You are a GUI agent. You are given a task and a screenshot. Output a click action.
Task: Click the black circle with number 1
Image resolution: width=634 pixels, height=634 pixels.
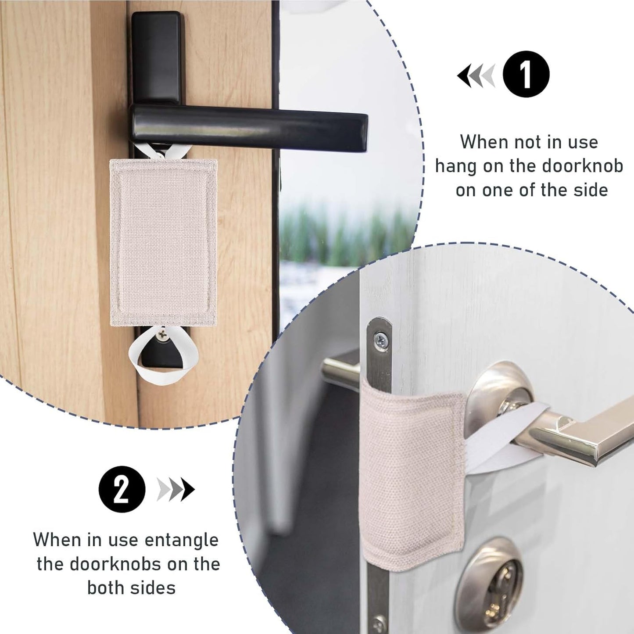tap(526, 74)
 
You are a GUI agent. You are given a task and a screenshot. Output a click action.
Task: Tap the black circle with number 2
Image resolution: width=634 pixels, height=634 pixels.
tap(122, 489)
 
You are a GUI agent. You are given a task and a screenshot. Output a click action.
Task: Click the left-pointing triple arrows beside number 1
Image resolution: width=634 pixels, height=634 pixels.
tap(476, 75)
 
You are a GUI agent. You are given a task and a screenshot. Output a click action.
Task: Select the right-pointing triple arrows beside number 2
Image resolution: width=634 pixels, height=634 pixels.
tap(176, 489)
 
